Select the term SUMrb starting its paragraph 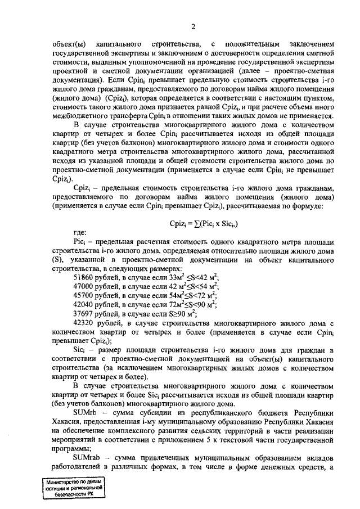(85, 412)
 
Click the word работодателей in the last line (76, 466)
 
